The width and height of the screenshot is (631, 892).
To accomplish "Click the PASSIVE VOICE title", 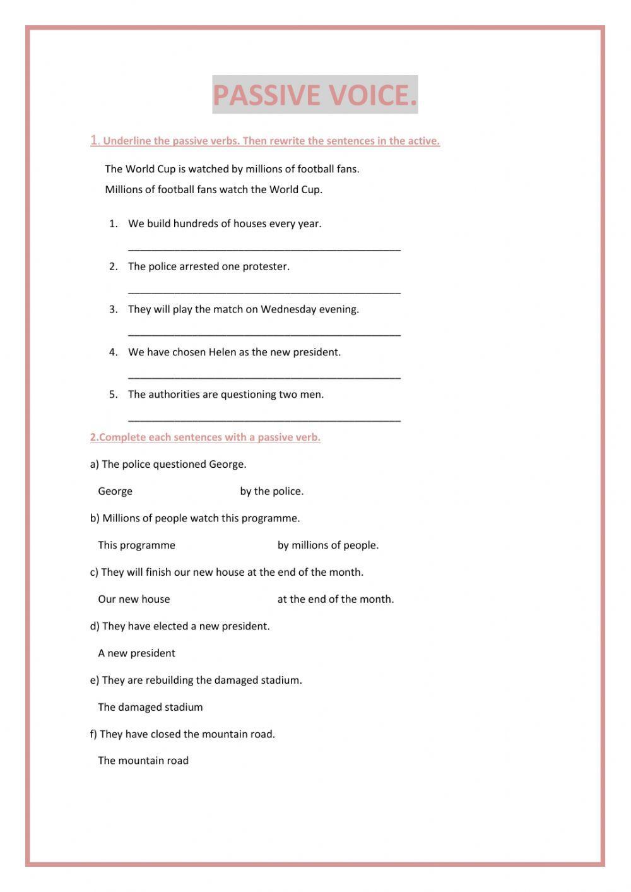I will point(315,95).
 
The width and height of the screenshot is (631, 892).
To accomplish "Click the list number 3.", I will point(113,309).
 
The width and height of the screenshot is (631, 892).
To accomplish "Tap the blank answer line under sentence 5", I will point(264,419).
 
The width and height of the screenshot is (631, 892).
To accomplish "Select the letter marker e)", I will point(95,681).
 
